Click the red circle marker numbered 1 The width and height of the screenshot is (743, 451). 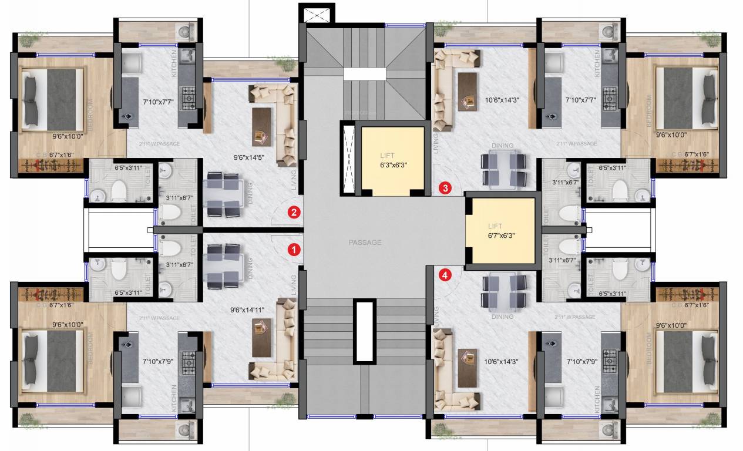coord(293,250)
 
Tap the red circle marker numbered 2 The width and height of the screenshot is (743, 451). coord(293,213)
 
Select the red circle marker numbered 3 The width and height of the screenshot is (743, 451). coord(446,189)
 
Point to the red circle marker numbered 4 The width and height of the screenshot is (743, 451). coord(446,274)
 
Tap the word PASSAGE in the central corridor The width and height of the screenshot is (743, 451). coord(365,242)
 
